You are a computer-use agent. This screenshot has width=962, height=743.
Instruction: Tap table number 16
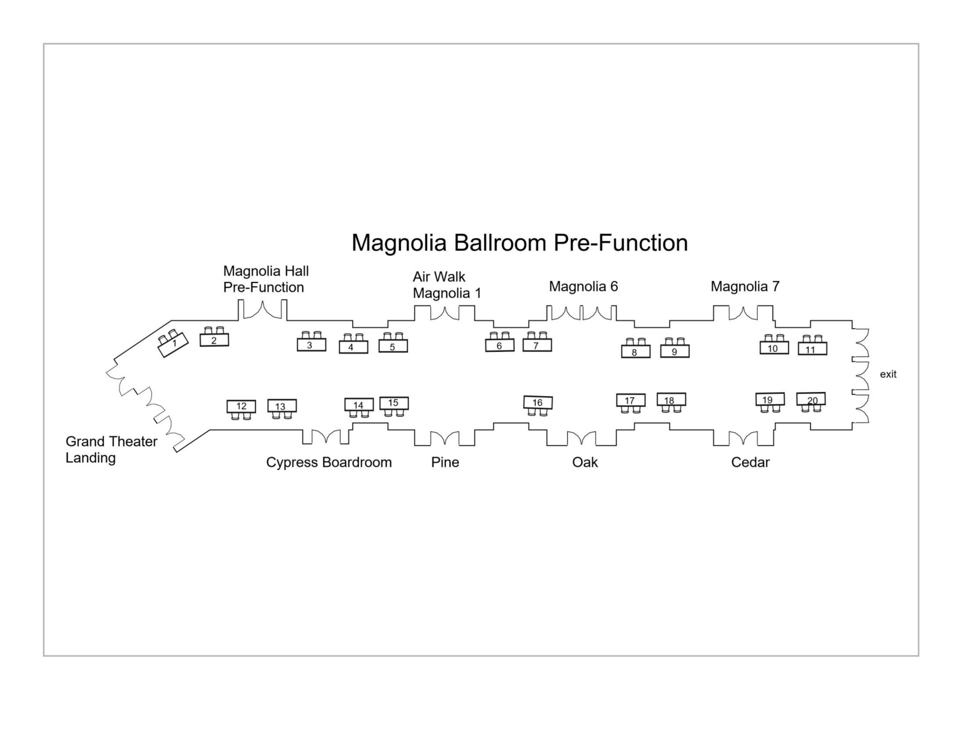click(x=538, y=403)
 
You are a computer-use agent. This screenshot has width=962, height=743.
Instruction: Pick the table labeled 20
click(x=811, y=399)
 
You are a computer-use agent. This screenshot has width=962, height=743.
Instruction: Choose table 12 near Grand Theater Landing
click(x=241, y=406)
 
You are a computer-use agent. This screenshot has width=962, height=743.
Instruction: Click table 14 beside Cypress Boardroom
click(x=358, y=405)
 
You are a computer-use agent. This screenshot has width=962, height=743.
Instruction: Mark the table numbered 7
click(x=537, y=345)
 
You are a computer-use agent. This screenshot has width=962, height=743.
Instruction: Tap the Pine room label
click(x=445, y=462)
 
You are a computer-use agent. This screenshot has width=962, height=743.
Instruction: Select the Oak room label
click(x=585, y=462)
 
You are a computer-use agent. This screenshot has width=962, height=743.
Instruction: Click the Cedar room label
click(x=750, y=462)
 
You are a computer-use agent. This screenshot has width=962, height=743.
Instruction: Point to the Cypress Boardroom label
click(x=328, y=462)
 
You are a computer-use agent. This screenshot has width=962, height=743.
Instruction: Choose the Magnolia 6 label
click(x=583, y=287)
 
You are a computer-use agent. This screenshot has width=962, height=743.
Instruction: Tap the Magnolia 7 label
click(x=745, y=287)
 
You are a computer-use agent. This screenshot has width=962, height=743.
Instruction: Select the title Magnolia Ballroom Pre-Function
click(x=519, y=243)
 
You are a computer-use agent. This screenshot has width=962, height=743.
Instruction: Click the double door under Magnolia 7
click(x=743, y=313)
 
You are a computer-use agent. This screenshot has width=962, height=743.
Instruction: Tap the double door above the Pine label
click(x=445, y=439)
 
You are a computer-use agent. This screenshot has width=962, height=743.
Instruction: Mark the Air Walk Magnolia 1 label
click(x=447, y=285)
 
